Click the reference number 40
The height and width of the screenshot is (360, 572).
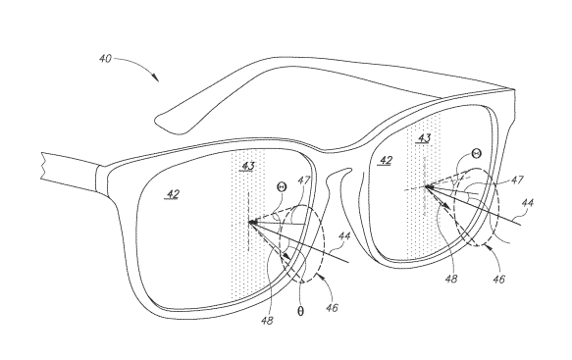pos(105,58)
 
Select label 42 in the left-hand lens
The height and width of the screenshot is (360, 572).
pos(173,193)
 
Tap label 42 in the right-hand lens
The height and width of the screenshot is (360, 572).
pos(386,160)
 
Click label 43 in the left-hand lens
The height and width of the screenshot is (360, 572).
pos(248,167)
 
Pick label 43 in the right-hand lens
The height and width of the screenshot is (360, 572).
pos(424,138)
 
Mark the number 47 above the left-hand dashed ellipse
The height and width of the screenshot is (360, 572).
pos(303,180)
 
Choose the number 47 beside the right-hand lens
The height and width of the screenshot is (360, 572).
pos(516,180)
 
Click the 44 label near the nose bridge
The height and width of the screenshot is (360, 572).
pos(344,236)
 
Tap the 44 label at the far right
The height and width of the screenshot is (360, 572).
pos(527,202)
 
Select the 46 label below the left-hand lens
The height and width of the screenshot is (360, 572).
pos(332,308)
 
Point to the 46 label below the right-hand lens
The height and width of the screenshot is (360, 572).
pos(498,279)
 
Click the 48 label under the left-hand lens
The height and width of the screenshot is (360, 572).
pos(267,321)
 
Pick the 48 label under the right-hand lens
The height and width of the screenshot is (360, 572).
pos(451,279)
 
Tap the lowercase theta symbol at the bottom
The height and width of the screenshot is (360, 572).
pos(300,311)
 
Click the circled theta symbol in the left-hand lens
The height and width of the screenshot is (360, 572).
pos(282,187)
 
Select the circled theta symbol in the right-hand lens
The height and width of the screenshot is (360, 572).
pos(477,153)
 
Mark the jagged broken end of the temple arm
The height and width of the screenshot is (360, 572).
pos(43,167)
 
